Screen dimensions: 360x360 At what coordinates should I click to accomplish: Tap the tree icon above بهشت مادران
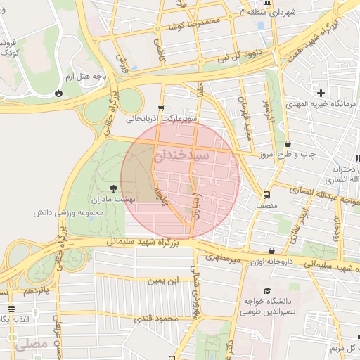pyautogui.click(x=113, y=188)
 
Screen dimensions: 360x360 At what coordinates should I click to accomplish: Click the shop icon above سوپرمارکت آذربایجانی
pyautogui.click(x=162, y=108)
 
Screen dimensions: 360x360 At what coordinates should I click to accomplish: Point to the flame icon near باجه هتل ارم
pyautogui.click(x=58, y=92)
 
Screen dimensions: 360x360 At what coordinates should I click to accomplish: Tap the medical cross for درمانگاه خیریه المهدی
pyautogui.click(x=321, y=93)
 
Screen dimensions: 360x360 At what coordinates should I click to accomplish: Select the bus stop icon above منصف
pyautogui.click(x=266, y=195)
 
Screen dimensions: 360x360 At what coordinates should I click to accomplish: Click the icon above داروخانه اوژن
pyautogui.click(x=272, y=250)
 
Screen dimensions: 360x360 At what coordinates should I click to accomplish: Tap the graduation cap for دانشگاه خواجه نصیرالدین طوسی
pyautogui.click(x=266, y=291)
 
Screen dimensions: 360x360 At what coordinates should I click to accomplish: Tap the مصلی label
pyautogui.click(x=32, y=345)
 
